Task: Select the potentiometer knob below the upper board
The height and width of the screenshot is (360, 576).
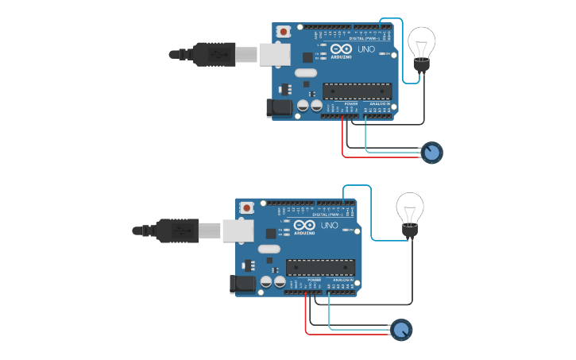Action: (x=431, y=152)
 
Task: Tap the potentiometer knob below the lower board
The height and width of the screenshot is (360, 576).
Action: (x=402, y=330)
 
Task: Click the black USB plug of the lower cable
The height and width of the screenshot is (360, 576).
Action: (x=177, y=230)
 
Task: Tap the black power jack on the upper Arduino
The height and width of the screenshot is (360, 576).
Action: (x=280, y=107)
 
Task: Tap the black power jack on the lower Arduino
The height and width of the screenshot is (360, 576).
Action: (x=243, y=284)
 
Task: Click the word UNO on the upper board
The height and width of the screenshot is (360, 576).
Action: (x=366, y=49)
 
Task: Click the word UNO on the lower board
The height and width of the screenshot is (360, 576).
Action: (x=330, y=226)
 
